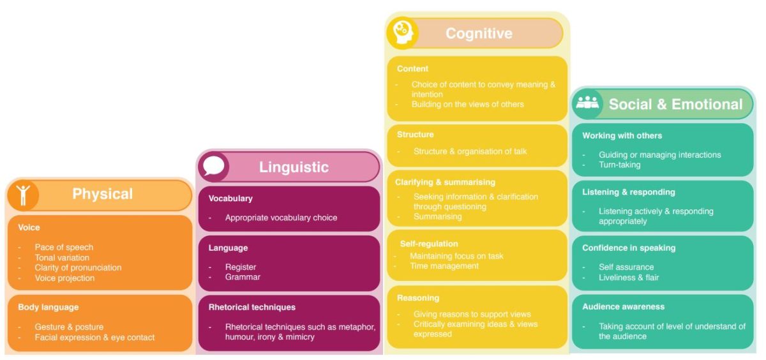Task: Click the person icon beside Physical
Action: [24, 195]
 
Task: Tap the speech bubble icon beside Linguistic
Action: [214, 167]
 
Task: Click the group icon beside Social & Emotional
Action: [587, 103]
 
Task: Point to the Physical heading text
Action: [102, 194]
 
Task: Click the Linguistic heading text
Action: [294, 167]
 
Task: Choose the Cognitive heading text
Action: [479, 33]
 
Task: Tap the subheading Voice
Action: [29, 227]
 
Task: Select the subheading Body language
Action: [49, 307]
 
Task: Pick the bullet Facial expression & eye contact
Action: [94, 337]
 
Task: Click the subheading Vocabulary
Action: [230, 199]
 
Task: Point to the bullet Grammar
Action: [243, 277]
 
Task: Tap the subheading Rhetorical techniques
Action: [252, 307]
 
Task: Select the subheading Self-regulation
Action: [429, 243]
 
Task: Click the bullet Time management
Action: [444, 266]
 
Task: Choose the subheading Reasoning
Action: [418, 297]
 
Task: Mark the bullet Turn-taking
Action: [619, 165]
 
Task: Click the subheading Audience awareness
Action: [623, 306]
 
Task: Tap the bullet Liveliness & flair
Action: [629, 278]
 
